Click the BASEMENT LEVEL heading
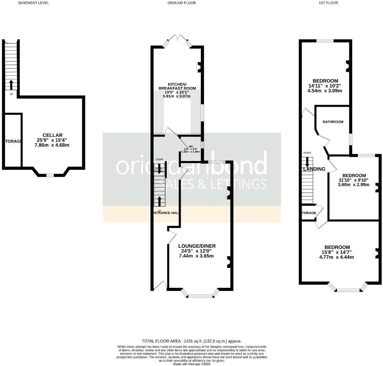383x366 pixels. coord(34,3)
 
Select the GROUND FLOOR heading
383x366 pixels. coord(181,3)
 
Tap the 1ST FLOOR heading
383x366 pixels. coord(328,3)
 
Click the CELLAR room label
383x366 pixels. coord(52,135)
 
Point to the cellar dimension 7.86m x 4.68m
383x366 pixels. coord(52,145)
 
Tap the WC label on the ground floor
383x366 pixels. coord(191,147)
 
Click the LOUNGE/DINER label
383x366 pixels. coord(197,246)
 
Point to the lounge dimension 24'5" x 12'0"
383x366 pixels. coord(197,251)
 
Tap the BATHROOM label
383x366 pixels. coord(333,122)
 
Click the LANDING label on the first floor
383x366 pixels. coord(314,169)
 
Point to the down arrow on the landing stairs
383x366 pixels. coord(308,161)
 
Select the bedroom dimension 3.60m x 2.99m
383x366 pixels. coord(354,185)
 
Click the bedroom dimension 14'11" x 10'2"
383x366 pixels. coord(325,86)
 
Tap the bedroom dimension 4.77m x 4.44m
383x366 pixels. coord(337,257)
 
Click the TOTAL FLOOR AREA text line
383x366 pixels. coord(191,341)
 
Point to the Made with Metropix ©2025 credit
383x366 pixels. coord(191,364)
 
